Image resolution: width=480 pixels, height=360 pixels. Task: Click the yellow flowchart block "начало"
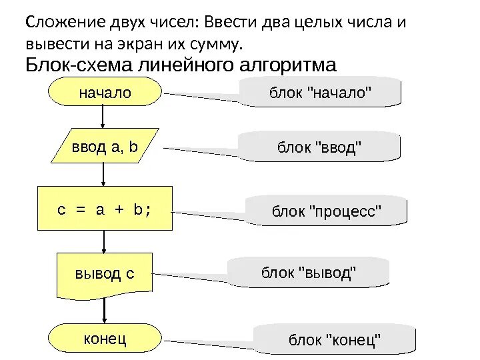pyautogui.click(x=105, y=93)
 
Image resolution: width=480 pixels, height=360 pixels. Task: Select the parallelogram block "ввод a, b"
pyautogui.click(x=105, y=146)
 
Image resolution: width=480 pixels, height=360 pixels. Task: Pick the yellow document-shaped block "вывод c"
pyautogui.click(x=105, y=273)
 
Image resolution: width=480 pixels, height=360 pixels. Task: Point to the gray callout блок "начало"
pyautogui.click(x=320, y=92)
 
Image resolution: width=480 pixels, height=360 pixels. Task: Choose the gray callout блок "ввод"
pyautogui.click(x=320, y=146)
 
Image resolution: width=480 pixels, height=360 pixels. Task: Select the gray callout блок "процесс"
pyautogui.click(x=327, y=211)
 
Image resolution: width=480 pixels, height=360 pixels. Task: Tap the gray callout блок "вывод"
pyautogui.click(x=309, y=273)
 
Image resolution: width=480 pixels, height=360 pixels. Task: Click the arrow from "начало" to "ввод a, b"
pyautogui.click(x=103, y=117)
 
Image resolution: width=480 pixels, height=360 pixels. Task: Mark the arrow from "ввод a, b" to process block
pyautogui.click(x=103, y=175)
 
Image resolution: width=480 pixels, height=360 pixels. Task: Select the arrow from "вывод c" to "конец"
pyautogui.click(x=103, y=311)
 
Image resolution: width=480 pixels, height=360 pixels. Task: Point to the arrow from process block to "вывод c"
pyautogui.click(x=103, y=241)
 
